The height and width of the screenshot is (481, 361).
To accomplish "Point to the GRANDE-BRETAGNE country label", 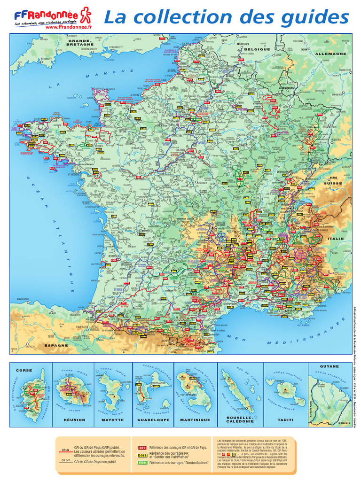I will pos(81,43).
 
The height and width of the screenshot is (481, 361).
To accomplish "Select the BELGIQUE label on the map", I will pos(256,49).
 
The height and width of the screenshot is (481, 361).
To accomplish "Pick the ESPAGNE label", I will pos(56,345).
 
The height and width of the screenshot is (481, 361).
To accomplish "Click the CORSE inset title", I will pos(24,371).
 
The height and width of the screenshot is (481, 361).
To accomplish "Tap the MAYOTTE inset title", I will pos(113,420).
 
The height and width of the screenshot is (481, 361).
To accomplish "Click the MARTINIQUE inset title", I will pos(195,420).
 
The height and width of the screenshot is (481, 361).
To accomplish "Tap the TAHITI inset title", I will pos(285,420).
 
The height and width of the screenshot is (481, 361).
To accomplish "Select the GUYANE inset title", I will pos(329,366).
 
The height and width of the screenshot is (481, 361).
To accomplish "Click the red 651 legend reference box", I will pos(142,448).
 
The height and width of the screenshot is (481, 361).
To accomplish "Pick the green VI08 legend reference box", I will pos(142,463).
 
